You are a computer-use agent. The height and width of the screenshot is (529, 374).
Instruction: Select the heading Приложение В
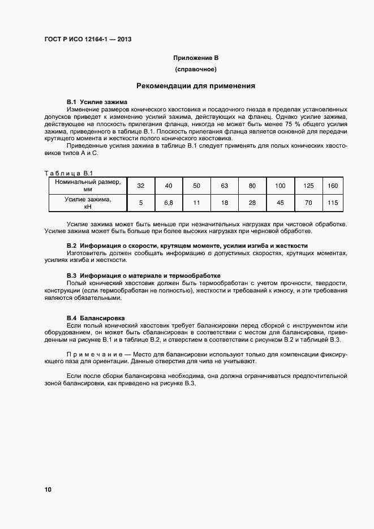click(x=195, y=58)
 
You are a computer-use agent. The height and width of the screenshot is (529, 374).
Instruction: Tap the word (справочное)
click(x=195, y=70)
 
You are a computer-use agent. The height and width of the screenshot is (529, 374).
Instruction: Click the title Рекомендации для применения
click(x=195, y=87)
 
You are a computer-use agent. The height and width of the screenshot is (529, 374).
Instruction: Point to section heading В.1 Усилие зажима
click(x=89, y=101)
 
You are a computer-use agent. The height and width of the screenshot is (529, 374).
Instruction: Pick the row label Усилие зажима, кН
click(x=88, y=203)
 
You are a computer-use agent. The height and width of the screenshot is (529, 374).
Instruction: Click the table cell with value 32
click(x=141, y=186)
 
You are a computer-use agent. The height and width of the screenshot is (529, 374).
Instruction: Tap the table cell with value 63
click(x=224, y=186)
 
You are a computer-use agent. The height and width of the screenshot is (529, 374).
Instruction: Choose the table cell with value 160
click(x=332, y=186)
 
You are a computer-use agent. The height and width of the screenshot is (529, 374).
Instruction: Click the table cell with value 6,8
click(x=168, y=203)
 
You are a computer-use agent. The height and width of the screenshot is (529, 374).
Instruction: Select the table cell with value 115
click(x=332, y=203)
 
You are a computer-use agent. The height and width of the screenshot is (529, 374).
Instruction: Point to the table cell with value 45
click(x=280, y=203)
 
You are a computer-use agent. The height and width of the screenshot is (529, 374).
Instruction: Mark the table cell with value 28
click(x=252, y=203)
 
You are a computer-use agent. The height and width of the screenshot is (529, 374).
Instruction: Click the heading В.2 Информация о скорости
click(x=187, y=246)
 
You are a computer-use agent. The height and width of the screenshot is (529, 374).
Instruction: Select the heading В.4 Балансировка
click(x=96, y=319)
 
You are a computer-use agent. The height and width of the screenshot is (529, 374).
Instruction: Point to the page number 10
click(x=48, y=489)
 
